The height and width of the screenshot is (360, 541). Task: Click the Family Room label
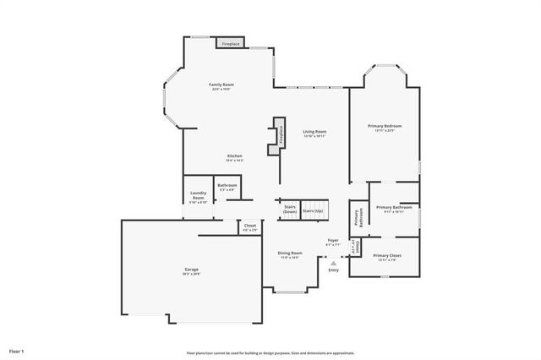(222, 85)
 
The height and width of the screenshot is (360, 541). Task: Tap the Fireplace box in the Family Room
(231, 43)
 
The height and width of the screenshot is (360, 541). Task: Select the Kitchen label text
(234, 157)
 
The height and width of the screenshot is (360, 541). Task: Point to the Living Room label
(315, 133)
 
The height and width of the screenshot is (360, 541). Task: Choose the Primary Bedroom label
(385, 128)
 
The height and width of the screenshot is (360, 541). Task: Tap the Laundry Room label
(198, 196)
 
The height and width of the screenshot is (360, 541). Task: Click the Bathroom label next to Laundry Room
(227, 187)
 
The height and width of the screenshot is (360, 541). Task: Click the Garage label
(192, 270)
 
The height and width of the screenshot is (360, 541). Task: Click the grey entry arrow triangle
(333, 262)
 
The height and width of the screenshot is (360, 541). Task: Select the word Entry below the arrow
(333, 270)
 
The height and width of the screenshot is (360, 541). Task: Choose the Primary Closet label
(387, 256)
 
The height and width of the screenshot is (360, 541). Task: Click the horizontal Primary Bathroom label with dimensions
(394, 209)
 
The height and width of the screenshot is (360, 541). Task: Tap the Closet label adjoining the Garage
(250, 226)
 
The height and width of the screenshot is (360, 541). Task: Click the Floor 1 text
(17, 351)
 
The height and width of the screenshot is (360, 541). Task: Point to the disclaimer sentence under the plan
(270, 353)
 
